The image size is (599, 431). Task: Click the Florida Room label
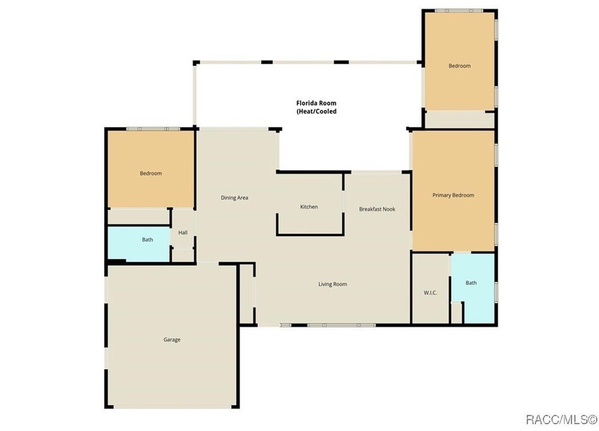point(317,103)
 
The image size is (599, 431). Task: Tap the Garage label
point(172,340)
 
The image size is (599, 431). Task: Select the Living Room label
point(333,284)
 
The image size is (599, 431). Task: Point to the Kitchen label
point(309,207)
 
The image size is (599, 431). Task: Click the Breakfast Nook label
point(377,209)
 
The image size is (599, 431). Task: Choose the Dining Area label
point(235,198)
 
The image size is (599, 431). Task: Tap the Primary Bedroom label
point(453,195)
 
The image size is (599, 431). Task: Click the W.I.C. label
point(430,293)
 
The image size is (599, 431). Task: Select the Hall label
point(183,233)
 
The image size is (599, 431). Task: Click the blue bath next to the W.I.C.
point(473,288)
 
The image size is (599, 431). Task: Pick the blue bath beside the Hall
point(138,244)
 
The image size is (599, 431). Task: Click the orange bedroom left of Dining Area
point(151,169)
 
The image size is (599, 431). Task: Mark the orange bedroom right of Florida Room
point(459,61)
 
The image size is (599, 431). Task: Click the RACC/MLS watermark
point(562,420)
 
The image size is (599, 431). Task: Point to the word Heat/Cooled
point(317,111)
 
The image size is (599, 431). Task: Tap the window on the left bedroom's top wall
point(153,129)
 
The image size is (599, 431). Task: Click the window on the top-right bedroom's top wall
point(459,11)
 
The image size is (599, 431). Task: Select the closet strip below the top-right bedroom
point(459,120)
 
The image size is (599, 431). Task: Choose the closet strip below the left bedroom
point(138,216)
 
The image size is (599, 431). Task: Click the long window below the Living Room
point(342,325)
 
